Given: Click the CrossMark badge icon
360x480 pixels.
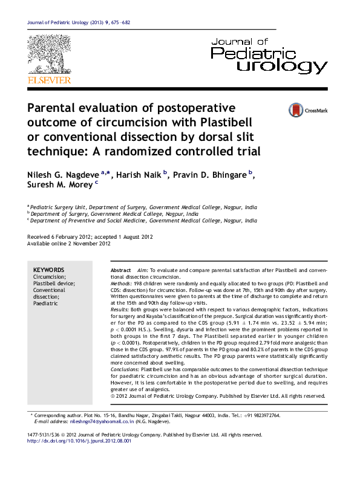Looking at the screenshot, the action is (x=296, y=110).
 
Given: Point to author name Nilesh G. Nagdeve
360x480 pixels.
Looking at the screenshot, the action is (x=64, y=175).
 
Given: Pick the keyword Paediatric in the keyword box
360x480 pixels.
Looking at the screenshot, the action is (x=45, y=303).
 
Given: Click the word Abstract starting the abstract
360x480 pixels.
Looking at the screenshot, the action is (x=121, y=270).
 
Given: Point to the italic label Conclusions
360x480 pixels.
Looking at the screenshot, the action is (x=124, y=368).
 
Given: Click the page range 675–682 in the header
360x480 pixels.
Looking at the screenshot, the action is (x=118, y=23).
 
